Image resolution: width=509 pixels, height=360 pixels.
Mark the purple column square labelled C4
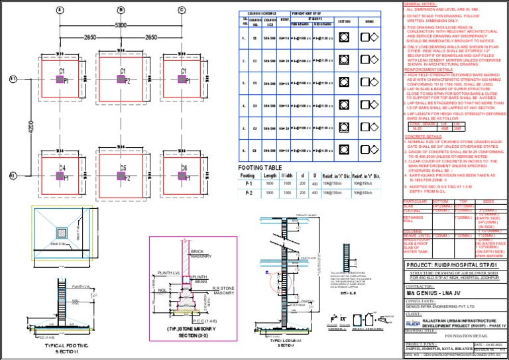coord(60,175)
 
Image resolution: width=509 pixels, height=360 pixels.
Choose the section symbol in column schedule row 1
coord(343,38)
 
